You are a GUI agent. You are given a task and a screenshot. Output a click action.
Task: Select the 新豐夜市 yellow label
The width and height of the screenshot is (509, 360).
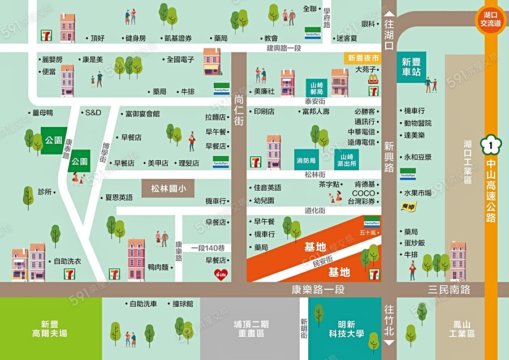click(x=362, y=58)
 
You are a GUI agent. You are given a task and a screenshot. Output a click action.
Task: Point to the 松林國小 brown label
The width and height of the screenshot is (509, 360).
click(x=168, y=189)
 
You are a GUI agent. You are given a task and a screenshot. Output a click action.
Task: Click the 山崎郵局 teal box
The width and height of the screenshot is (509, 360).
click(x=317, y=87)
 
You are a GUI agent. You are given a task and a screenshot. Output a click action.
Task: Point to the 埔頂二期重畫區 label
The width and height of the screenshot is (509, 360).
click(x=249, y=329)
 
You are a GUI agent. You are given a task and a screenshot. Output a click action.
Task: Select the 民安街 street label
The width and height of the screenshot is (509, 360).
click(x=323, y=263)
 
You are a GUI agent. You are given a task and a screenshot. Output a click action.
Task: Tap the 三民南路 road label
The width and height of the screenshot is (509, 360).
click(x=448, y=289)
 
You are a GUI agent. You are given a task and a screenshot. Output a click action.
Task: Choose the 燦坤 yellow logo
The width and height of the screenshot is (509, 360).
click(x=408, y=207)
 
